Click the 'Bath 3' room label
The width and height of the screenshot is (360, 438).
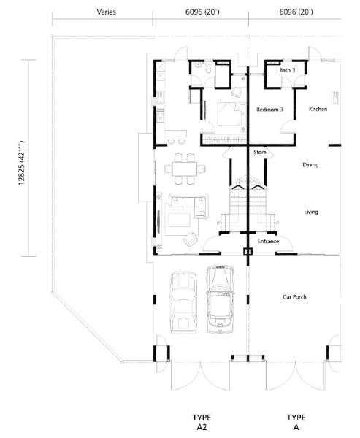287,70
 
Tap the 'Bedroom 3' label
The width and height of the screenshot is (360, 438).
269,109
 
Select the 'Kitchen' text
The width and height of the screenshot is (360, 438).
318,109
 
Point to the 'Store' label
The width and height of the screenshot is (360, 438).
260,153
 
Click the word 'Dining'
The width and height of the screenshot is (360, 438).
310,165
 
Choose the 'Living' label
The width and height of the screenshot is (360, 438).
311,212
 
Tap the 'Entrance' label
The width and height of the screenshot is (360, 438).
268,242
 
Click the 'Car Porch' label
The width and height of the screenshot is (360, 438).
294,297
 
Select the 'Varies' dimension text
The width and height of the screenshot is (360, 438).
106,12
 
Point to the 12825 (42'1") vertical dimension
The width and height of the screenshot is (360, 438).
21,163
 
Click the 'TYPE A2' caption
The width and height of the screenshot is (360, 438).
202,422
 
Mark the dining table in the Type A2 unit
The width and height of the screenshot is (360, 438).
185,169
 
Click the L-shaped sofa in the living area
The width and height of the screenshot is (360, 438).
189,205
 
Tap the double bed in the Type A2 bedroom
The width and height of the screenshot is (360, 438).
231,115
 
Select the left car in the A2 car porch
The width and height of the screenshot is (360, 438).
183,302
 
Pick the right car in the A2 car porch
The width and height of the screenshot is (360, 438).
220,299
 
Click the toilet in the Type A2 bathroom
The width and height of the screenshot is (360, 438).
208,68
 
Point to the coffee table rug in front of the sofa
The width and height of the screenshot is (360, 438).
179,220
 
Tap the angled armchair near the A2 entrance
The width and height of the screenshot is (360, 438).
191,239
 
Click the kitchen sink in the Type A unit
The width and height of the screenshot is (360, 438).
335,97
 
